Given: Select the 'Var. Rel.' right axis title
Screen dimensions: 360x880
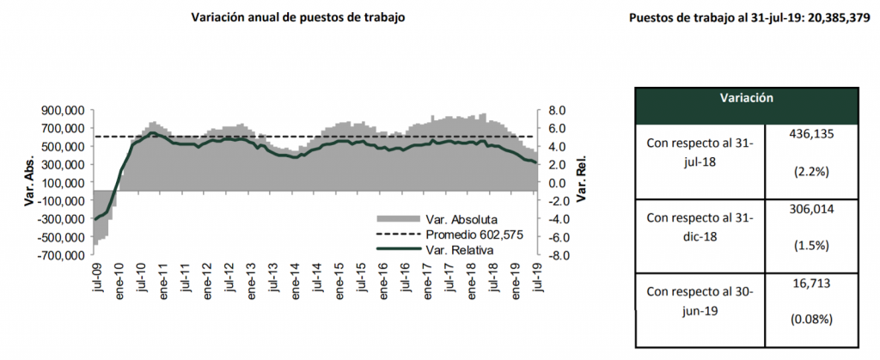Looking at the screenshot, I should (583, 183).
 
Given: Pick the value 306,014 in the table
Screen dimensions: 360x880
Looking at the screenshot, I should (811, 208).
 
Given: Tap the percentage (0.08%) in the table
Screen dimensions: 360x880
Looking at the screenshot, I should (811, 320).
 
